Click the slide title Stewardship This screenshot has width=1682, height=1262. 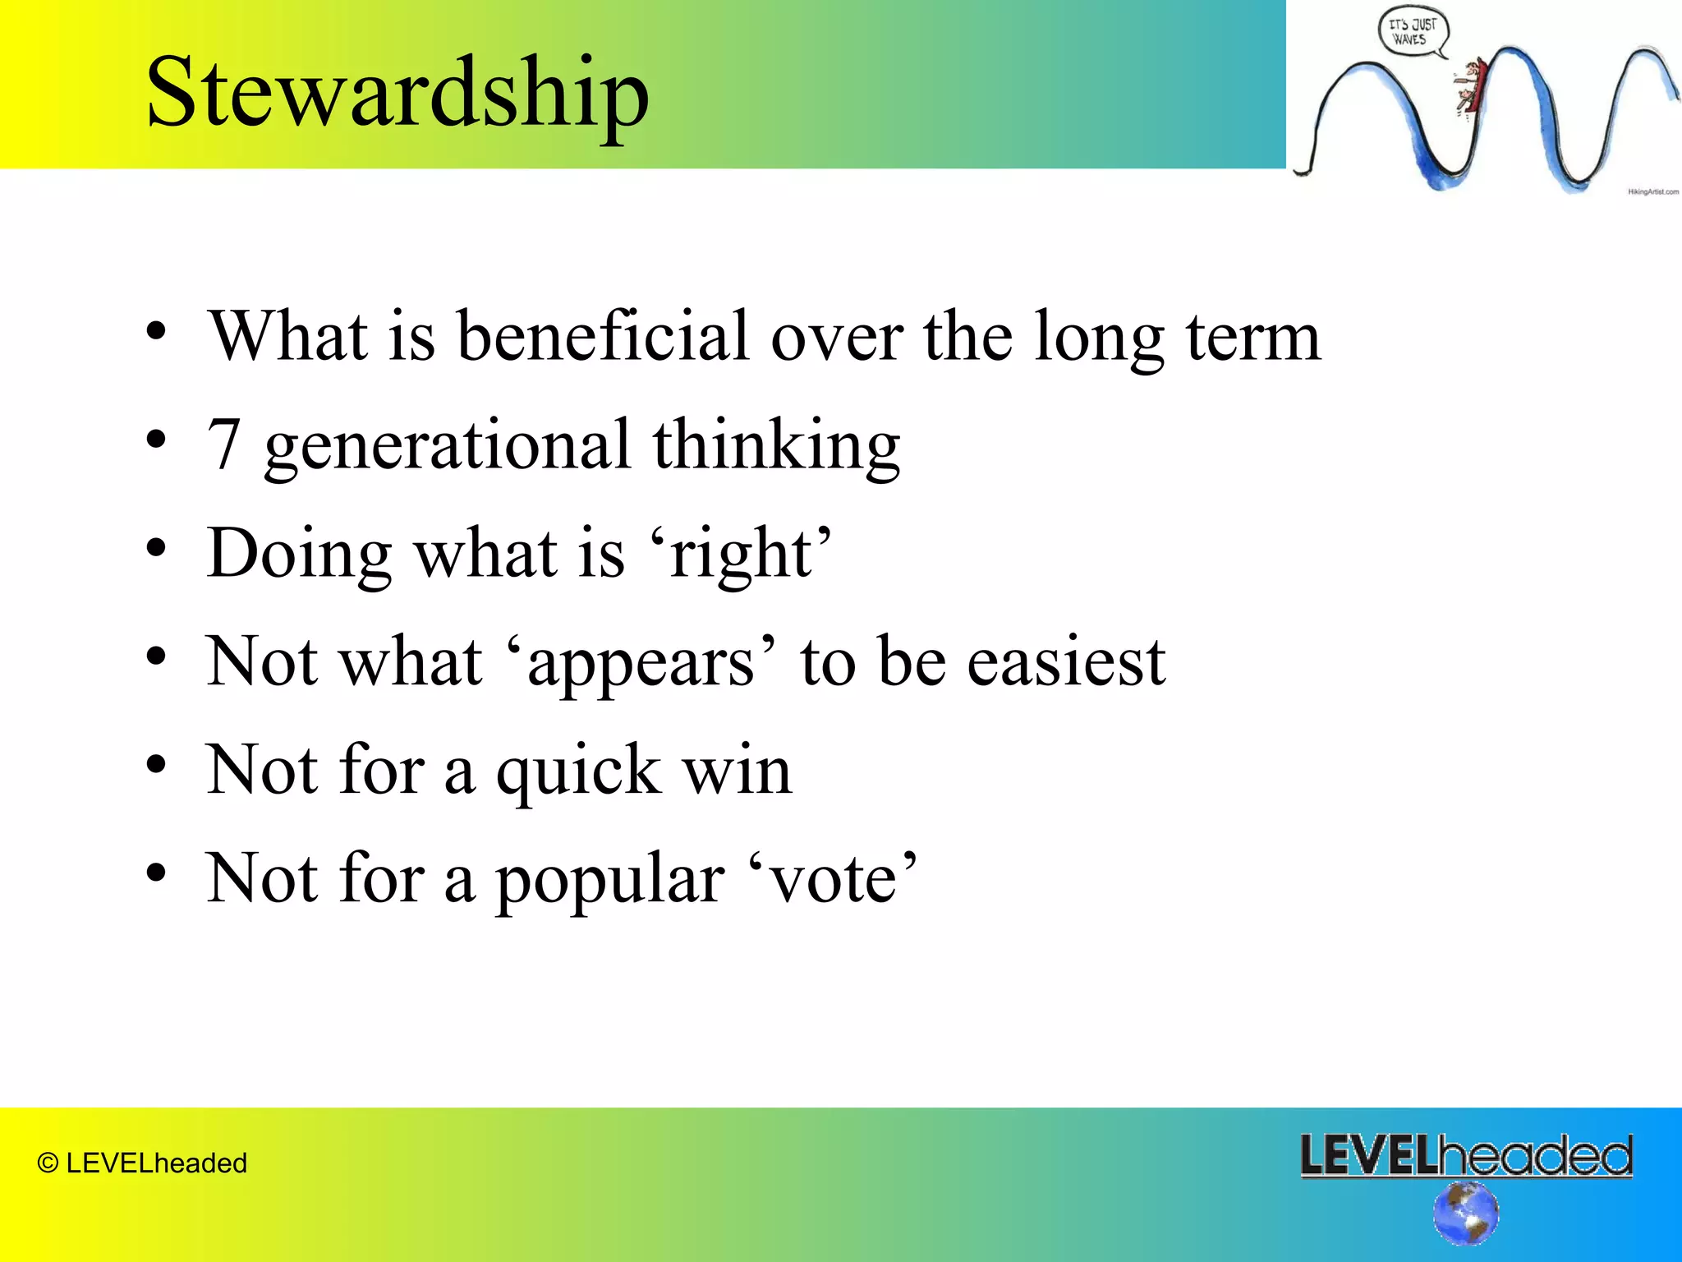398,92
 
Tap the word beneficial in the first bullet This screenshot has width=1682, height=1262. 603,336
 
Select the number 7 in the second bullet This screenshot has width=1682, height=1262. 224,444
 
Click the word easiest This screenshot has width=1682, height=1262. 1066,662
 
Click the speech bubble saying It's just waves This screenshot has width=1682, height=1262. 1412,33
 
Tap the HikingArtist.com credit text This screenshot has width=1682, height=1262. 1652,191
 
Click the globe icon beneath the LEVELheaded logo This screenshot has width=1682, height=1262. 1466,1213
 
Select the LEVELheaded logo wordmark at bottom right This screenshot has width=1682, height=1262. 1466,1155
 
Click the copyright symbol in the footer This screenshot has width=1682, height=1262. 48,1163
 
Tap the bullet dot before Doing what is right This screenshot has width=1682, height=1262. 156,548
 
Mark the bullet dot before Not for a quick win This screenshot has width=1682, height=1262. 156,765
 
